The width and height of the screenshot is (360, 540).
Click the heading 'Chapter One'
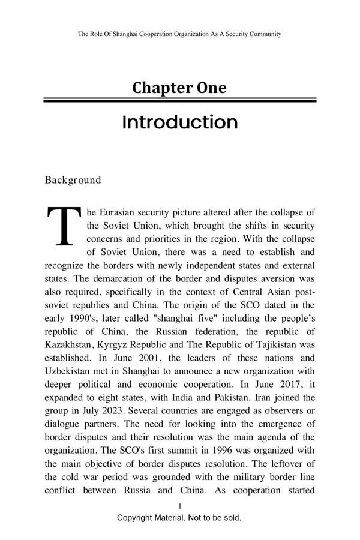(x=179, y=88)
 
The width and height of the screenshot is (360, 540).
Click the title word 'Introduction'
(x=179, y=122)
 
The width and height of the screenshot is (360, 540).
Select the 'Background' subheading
(x=73, y=180)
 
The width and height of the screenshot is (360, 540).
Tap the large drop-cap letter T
(x=64, y=227)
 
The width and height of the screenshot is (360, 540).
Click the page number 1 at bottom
(x=179, y=506)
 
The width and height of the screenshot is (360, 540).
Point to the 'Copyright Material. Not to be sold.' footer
(x=179, y=517)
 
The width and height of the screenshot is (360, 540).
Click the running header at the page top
(x=179, y=34)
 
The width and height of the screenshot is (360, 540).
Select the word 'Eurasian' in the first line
(x=118, y=212)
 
